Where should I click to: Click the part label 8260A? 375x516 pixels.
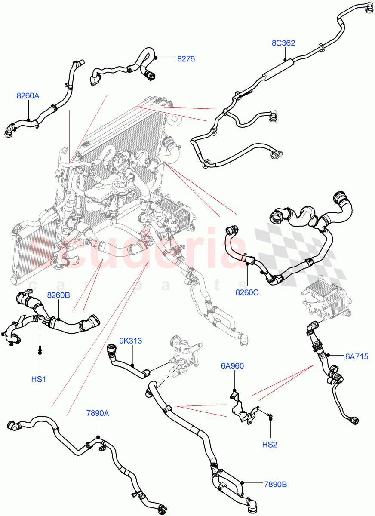28,96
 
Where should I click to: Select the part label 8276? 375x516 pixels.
186,59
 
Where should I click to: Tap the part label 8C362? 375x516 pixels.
283,43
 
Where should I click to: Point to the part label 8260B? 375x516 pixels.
58,295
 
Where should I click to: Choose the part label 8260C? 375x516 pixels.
247,293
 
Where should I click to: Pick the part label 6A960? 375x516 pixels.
232,366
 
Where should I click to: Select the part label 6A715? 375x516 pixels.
357,356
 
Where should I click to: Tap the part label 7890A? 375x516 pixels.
97,413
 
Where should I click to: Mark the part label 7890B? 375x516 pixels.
275,484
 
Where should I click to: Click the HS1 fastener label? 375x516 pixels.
40,380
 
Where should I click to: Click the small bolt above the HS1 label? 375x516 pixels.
40,350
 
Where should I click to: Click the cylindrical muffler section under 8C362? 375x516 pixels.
278,70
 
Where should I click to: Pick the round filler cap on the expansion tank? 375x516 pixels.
118,186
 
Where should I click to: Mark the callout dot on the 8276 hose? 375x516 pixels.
156,58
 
